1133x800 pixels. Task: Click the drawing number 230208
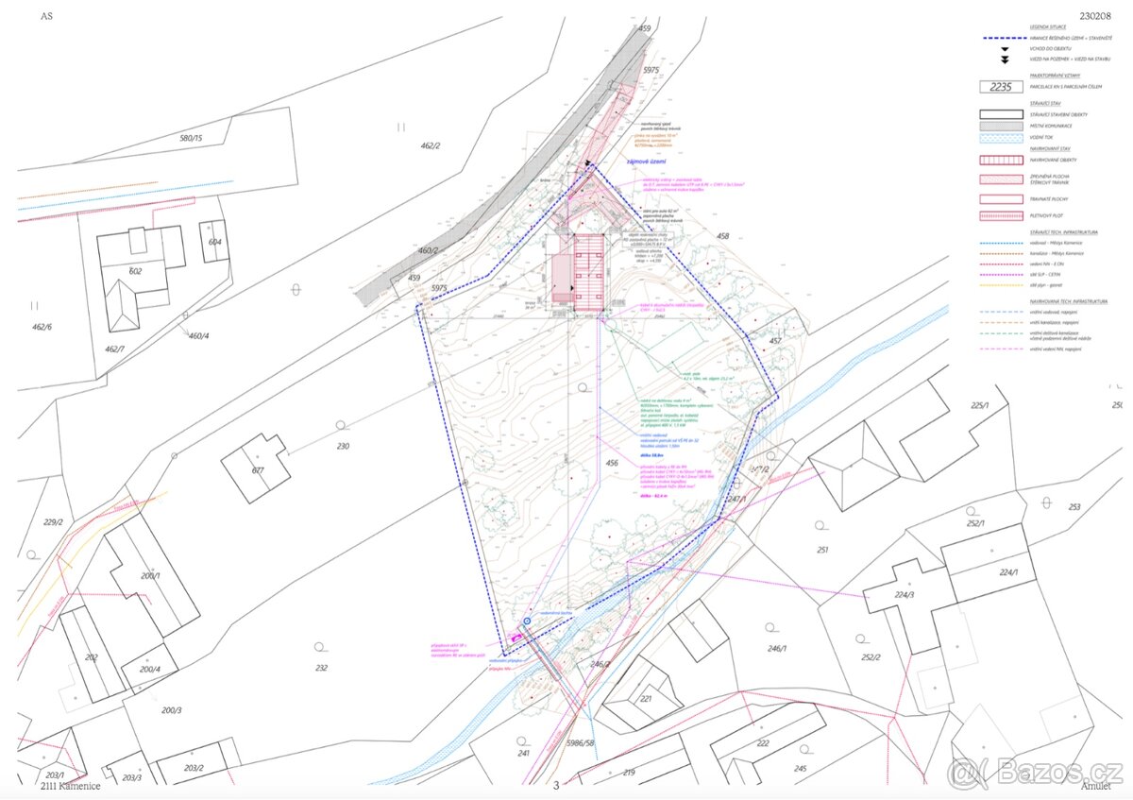1095,16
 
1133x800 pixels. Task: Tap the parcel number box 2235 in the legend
1002,87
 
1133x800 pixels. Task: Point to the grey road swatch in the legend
1002,126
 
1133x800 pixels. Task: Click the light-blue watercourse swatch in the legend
1002,137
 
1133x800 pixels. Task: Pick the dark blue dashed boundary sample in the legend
1002,38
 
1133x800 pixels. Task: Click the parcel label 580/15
191,139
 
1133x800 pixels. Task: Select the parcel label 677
257,469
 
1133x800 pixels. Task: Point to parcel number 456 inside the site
612,463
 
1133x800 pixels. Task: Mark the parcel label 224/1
1008,572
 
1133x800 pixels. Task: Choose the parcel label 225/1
979,405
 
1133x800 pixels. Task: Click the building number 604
215,243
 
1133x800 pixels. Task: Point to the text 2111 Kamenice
70,785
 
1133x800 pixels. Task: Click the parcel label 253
1074,507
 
